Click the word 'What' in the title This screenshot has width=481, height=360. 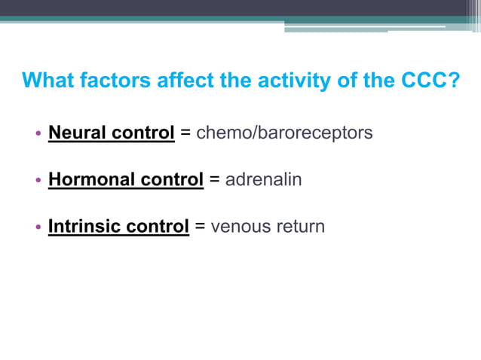47,80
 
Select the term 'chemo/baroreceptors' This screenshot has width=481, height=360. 284,133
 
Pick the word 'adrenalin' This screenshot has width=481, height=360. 264,180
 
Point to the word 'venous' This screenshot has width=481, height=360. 239,226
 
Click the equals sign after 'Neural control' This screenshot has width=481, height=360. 185,134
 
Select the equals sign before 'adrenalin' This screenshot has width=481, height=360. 214,181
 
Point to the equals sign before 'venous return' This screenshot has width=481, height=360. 200,227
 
